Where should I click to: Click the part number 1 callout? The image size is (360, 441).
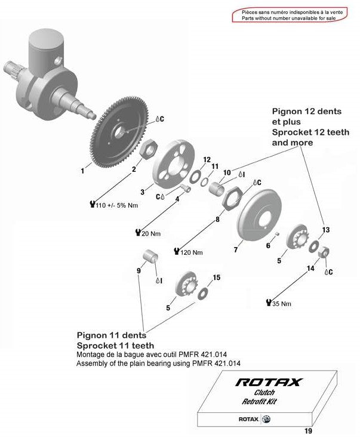(x=82, y=171)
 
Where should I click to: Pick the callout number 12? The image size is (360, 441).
(x=207, y=160)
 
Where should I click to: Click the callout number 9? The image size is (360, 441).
(x=139, y=270)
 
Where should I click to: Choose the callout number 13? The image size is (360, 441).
(x=325, y=230)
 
